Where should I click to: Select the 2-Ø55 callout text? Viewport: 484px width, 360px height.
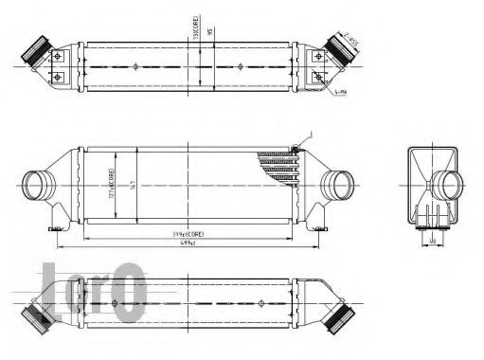coord(352,39)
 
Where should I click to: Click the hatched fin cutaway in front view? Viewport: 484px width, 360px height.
coord(282,167)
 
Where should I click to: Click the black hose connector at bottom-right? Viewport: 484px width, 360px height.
coord(339,316)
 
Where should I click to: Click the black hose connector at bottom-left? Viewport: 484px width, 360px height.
coord(39,316)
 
